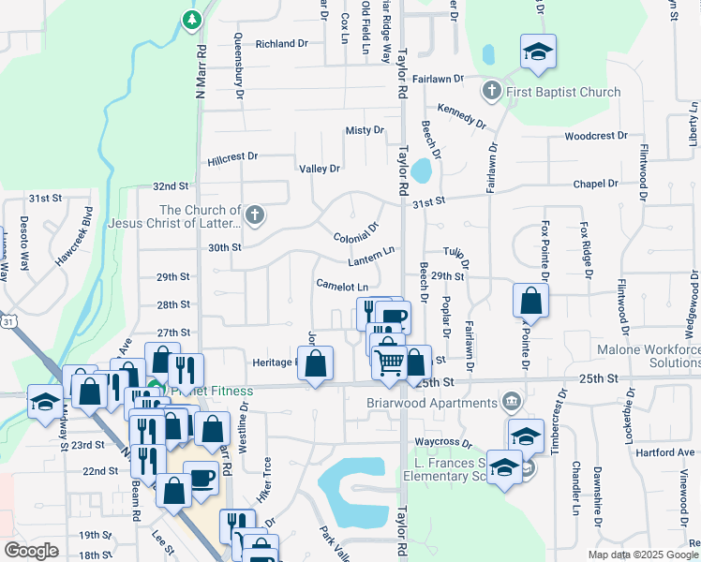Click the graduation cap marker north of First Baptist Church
point(538,52)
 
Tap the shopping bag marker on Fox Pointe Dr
point(530,302)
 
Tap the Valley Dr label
point(319,169)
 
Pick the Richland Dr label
point(281,44)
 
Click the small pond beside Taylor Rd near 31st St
point(422,170)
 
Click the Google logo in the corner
point(31,551)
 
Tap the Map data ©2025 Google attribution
point(643,555)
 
